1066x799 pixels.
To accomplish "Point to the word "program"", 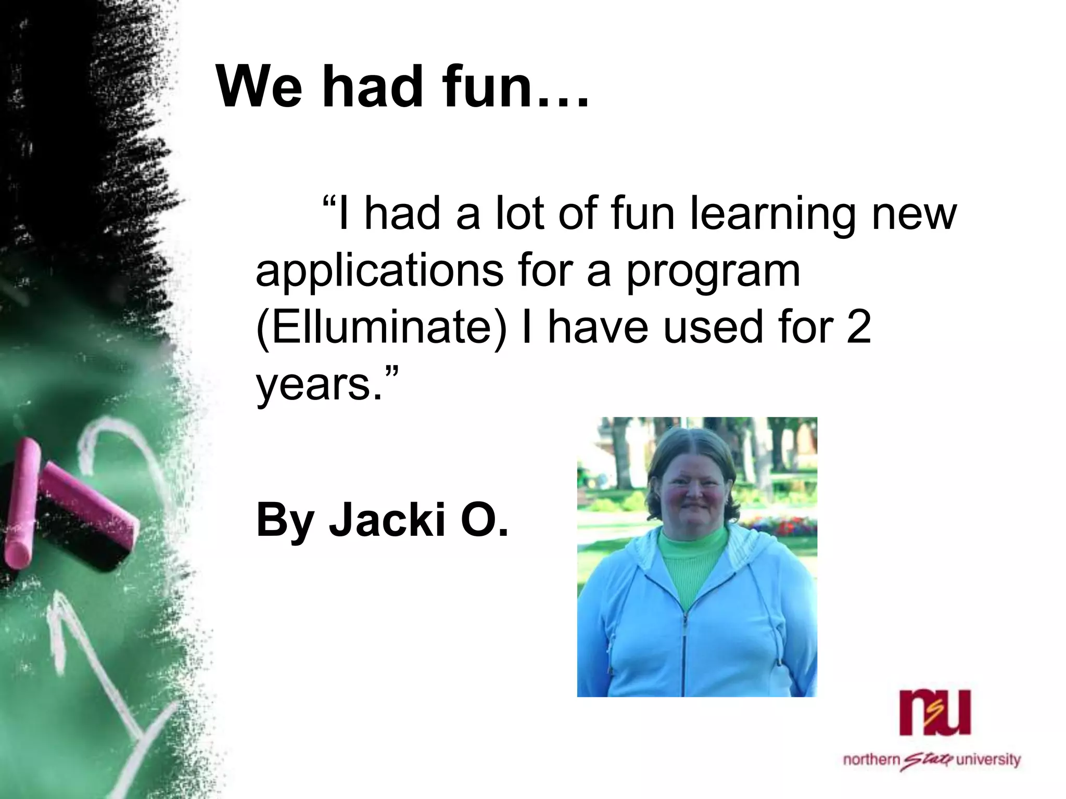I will click(x=713, y=272).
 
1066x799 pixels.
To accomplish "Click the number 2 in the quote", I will click(x=858, y=328).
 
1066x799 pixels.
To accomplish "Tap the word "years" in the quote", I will click(x=312, y=385).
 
